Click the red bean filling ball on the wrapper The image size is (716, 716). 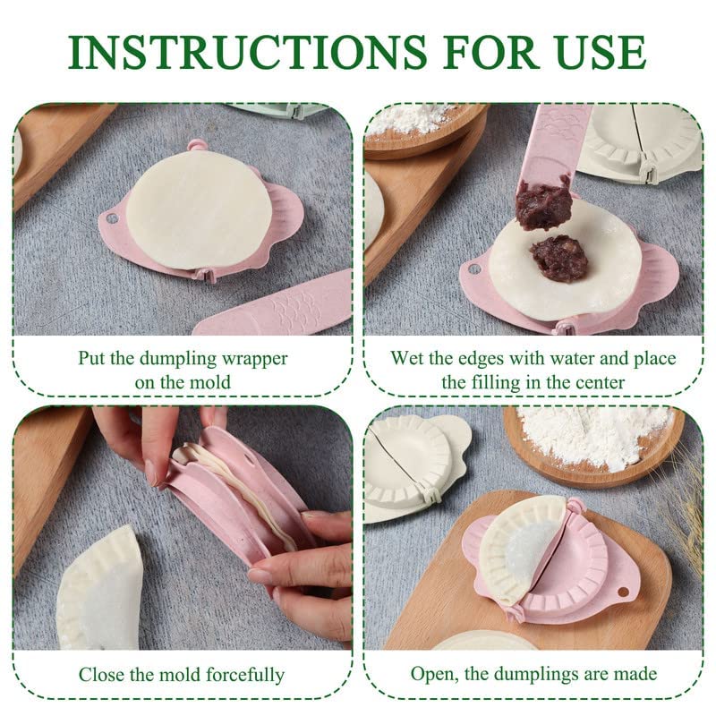point(558,258)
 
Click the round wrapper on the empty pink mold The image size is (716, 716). point(198,209)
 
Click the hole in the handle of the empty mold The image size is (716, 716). point(112,218)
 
